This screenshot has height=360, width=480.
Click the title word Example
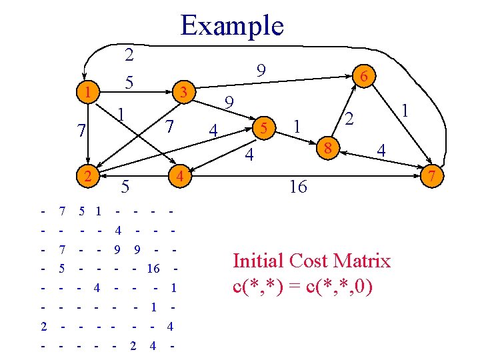click(x=232, y=25)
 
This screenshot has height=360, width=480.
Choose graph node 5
click(x=264, y=127)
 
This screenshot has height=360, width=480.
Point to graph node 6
click(x=364, y=77)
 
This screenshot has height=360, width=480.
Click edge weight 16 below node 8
click(x=298, y=187)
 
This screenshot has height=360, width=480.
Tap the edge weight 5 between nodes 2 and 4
click(x=125, y=187)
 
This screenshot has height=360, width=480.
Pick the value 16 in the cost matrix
click(x=153, y=269)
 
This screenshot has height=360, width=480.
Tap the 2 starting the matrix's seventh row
click(x=43, y=327)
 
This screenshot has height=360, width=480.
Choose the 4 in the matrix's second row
click(x=117, y=231)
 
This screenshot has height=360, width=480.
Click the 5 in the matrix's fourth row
click(x=62, y=269)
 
